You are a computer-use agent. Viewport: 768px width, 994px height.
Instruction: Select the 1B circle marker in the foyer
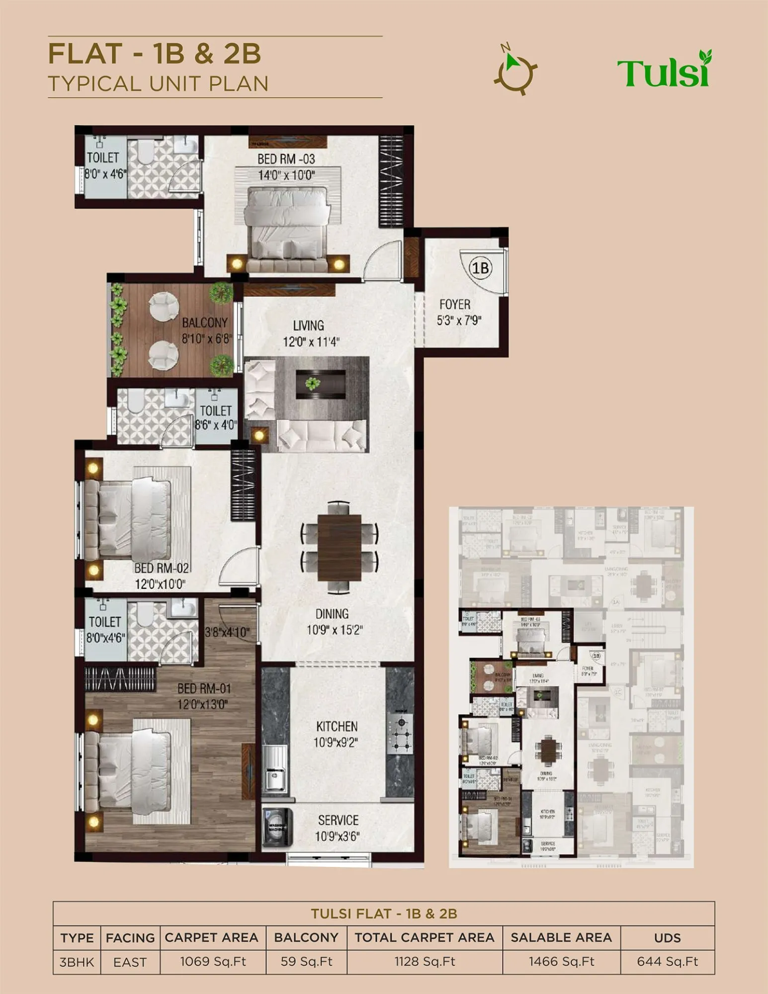[480, 268]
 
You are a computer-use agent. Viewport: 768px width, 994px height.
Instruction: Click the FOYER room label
[454, 304]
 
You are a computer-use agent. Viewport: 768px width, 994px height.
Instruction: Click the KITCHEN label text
[337, 727]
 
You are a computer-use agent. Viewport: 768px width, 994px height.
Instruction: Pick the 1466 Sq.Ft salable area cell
[561, 962]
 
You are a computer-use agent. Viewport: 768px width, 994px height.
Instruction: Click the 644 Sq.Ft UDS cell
[667, 962]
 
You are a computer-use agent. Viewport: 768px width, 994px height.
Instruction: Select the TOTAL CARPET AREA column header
[424, 937]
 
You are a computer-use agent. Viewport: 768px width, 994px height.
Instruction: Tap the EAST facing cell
[130, 962]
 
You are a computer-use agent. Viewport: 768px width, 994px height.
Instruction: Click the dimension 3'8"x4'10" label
[227, 632]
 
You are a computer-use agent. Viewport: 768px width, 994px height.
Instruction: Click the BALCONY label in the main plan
[204, 323]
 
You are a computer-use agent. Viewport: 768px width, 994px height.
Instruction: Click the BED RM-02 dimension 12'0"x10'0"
[160, 584]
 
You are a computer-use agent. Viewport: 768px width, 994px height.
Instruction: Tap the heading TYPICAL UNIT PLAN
[158, 83]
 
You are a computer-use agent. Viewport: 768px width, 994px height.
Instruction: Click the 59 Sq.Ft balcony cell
[306, 962]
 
